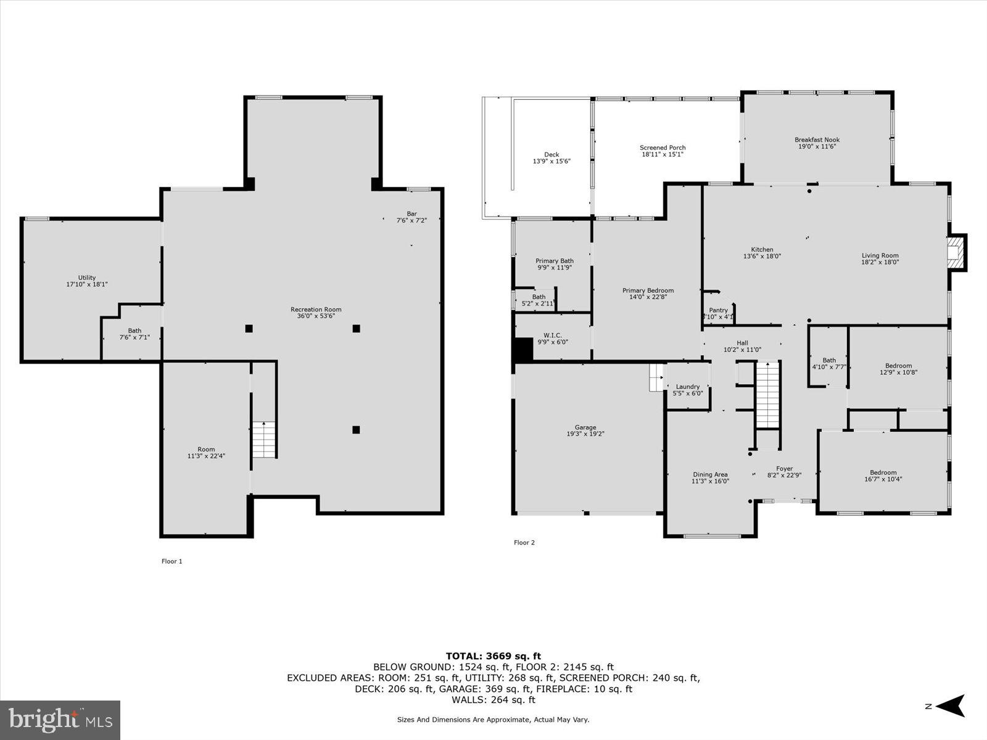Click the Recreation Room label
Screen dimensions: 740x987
click(316, 310)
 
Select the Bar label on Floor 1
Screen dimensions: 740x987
click(411, 213)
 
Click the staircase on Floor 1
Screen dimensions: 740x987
click(264, 439)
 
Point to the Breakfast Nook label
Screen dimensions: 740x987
click(817, 140)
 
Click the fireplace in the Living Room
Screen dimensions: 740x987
click(956, 252)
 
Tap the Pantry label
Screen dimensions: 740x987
click(718, 310)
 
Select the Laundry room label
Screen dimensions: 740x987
click(688, 387)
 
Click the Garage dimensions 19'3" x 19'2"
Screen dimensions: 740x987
click(585, 434)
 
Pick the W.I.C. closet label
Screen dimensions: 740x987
click(553, 335)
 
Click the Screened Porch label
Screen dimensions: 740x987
click(663, 148)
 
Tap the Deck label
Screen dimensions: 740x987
click(551, 155)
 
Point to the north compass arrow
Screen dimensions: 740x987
click(950, 706)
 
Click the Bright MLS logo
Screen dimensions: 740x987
click(60, 719)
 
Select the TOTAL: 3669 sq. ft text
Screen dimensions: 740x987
click(493, 656)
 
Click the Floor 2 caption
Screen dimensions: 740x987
click(524, 543)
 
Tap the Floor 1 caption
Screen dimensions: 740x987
click(171, 561)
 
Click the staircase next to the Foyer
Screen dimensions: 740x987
click(768, 395)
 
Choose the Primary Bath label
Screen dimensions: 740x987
click(554, 261)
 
